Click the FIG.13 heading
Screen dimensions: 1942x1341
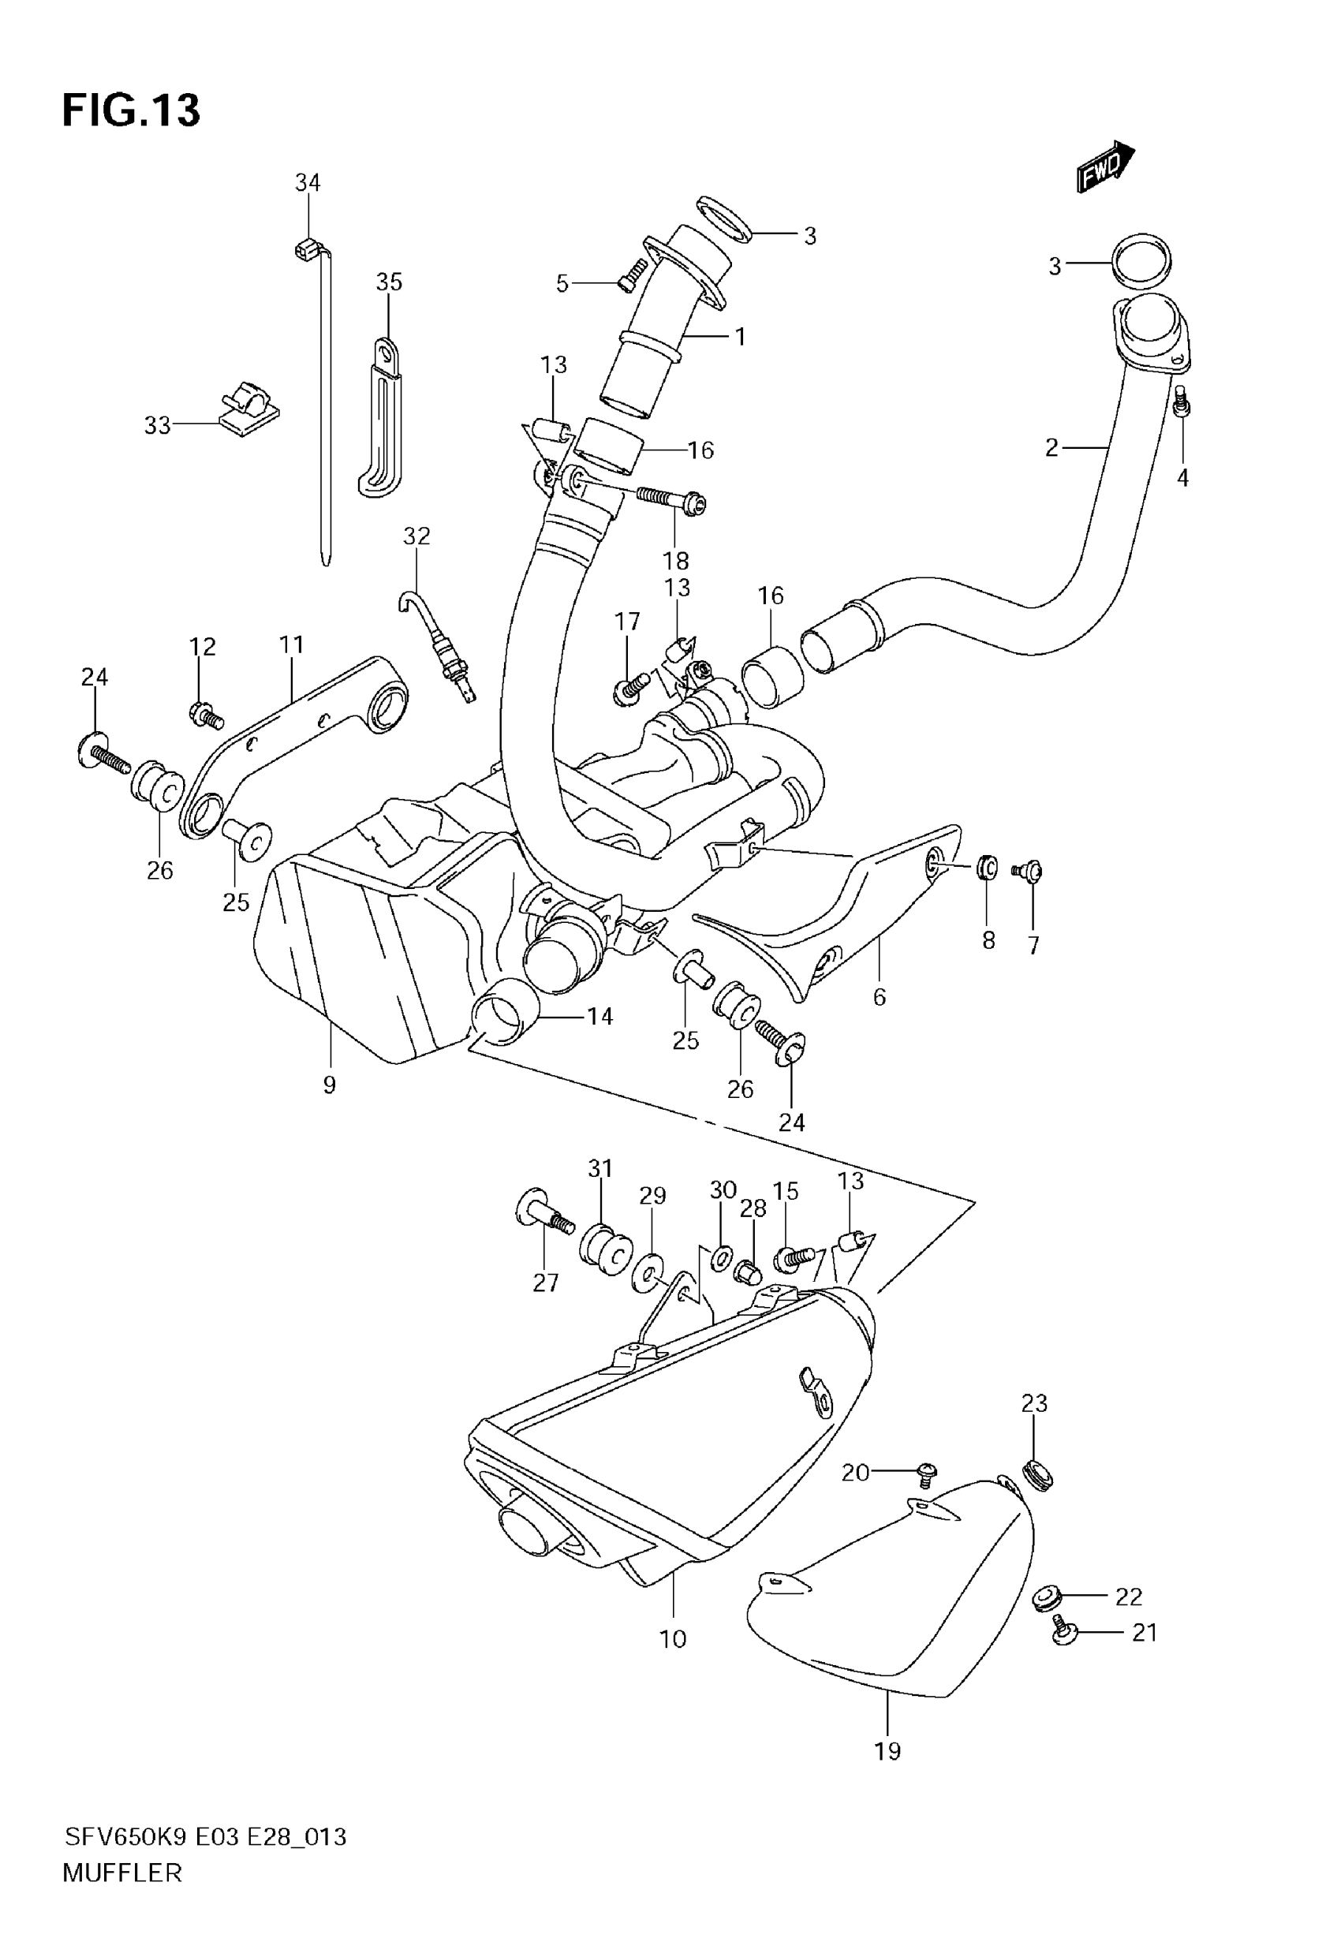coord(131,110)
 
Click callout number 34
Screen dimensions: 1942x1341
coord(308,182)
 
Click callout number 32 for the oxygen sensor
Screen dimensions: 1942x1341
coord(416,536)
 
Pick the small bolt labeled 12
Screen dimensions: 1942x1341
coord(205,715)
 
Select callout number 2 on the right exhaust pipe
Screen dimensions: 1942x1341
coord(1052,448)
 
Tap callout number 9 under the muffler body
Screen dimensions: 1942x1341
coord(330,1085)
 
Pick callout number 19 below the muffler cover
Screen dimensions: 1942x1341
coord(887,1751)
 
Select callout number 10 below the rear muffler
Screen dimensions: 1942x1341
coord(673,1639)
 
